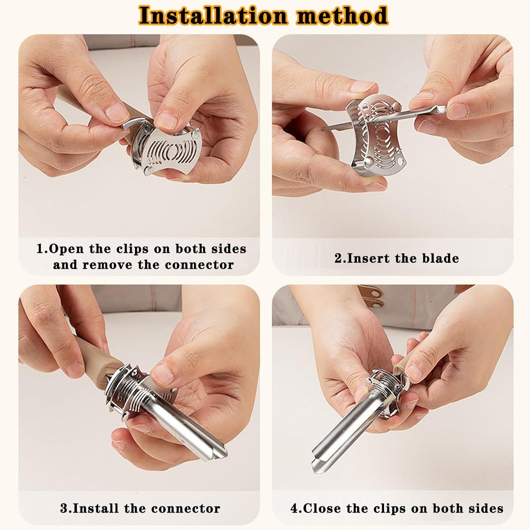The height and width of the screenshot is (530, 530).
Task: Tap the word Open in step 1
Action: click(x=66, y=249)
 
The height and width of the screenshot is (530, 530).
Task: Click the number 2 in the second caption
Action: click(x=338, y=258)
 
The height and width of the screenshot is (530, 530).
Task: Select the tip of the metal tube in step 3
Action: click(x=216, y=453)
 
